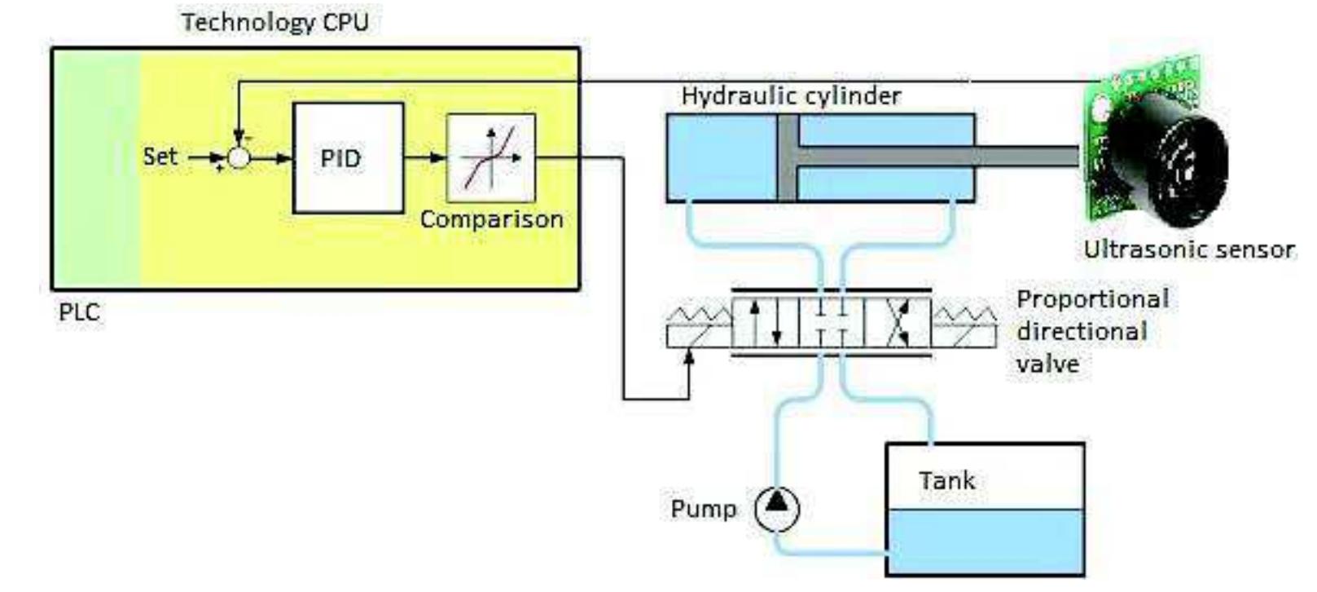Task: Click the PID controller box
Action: point(348,158)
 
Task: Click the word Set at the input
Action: point(160,156)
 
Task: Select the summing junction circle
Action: point(238,157)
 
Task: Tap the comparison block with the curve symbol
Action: point(491,158)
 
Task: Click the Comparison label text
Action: point(491,219)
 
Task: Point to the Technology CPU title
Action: point(274,22)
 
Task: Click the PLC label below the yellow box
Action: point(79,312)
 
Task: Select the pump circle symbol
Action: point(777,509)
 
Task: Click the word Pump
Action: point(703,509)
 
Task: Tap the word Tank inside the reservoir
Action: point(946,480)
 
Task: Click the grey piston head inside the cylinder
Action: point(787,157)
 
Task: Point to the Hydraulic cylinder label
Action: point(791,96)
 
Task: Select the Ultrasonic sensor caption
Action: point(1188,250)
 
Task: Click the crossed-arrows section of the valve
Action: point(898,324)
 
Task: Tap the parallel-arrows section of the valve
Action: point(766,324)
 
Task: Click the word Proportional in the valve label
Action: point(1092,298)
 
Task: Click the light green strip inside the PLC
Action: point(95,167)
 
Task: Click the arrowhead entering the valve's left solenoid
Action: point(690,356)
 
